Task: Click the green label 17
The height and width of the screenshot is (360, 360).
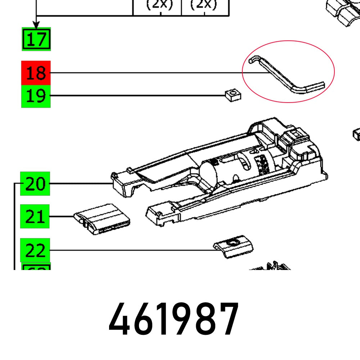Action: coord(36,39)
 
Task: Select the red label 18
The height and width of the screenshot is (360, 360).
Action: coord(36,73)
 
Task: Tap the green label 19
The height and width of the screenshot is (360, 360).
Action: coord(36,96)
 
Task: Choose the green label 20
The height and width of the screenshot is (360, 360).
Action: coord(35,184)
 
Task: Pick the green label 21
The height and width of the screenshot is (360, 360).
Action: coord(35,217)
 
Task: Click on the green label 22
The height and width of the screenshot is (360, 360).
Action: coord(35,250)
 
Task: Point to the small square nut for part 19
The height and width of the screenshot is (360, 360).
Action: coord(233,95)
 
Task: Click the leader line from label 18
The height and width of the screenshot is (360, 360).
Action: coord(144,73)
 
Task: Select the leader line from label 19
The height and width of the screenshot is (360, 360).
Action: coord(137,96)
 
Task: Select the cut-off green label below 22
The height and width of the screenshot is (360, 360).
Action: coord(36,267)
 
